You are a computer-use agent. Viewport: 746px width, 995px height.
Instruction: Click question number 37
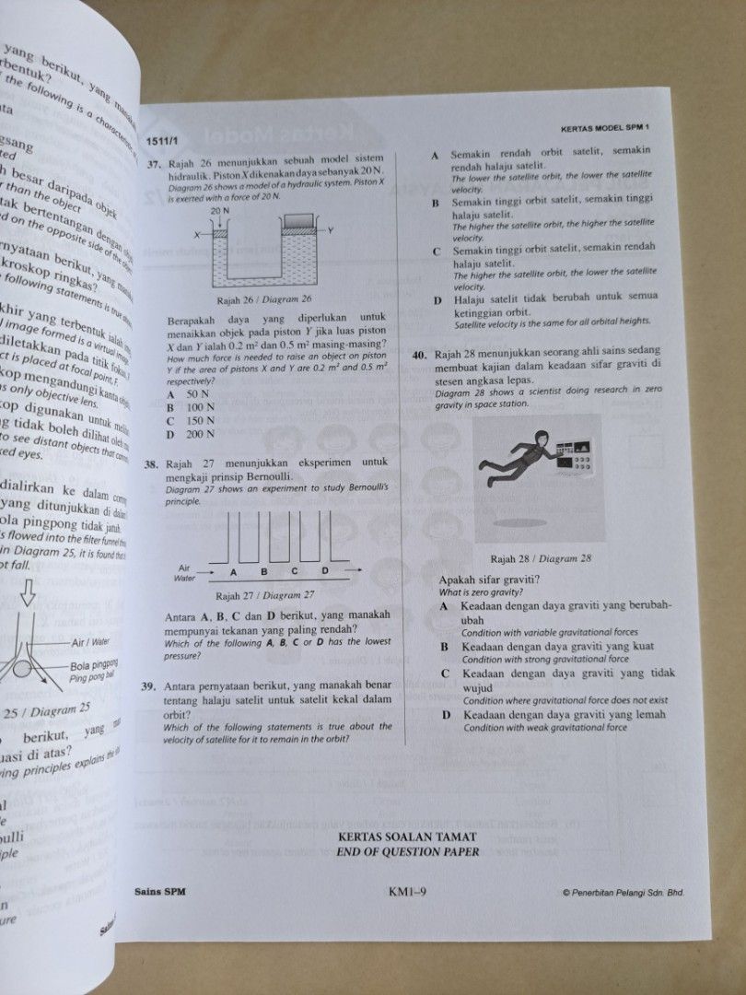tap(152, 161)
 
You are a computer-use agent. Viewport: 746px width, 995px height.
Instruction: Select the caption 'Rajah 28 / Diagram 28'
tap(541, 558)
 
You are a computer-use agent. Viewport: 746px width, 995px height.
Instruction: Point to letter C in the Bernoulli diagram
tap(296, 571)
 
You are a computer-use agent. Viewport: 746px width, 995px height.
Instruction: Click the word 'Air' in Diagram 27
tap(184, 568)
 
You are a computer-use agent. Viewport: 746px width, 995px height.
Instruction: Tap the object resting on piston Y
tap(299, 220)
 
